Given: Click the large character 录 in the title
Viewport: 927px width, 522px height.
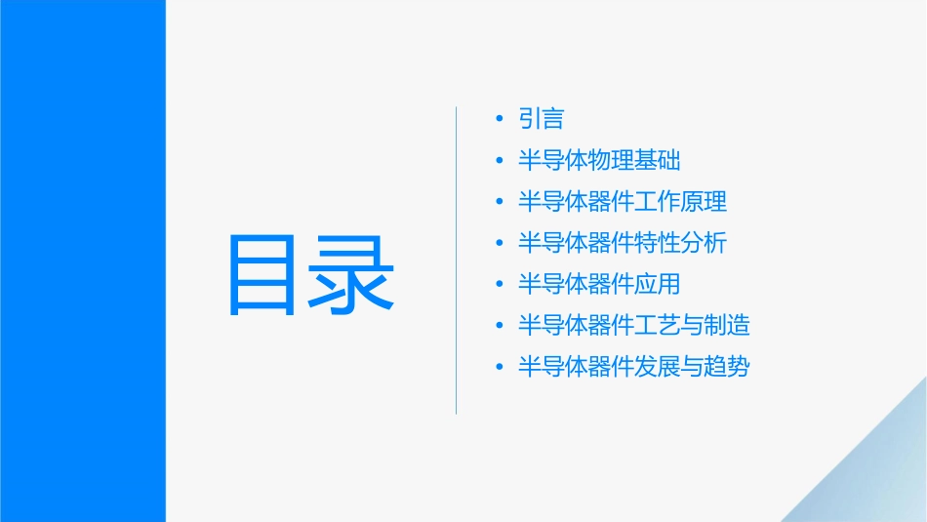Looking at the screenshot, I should pos(352,274).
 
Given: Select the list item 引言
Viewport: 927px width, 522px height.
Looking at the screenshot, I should pos(542,119).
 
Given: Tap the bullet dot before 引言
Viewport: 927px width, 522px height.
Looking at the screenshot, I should pos(500,119).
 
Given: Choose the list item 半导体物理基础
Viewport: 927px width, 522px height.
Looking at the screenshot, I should pos(599,161).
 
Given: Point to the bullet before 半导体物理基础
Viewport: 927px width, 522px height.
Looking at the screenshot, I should pos(500,161).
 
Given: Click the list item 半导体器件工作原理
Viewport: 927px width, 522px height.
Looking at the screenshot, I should pos(623,202).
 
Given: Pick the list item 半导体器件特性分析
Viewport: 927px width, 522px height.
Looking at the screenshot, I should pos(623,243).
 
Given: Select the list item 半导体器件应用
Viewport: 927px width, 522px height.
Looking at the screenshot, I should pos(599,285).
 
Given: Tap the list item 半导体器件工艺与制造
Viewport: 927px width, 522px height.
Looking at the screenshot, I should pos(634,326).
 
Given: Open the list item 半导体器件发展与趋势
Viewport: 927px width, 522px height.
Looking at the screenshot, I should pos(634,367).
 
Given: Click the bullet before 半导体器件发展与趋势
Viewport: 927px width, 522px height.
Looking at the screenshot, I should pos(500,367).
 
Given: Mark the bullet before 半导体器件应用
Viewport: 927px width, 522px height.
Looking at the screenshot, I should pos(500,285).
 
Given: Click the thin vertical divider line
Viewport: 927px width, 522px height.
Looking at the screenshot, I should pos(457,260).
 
